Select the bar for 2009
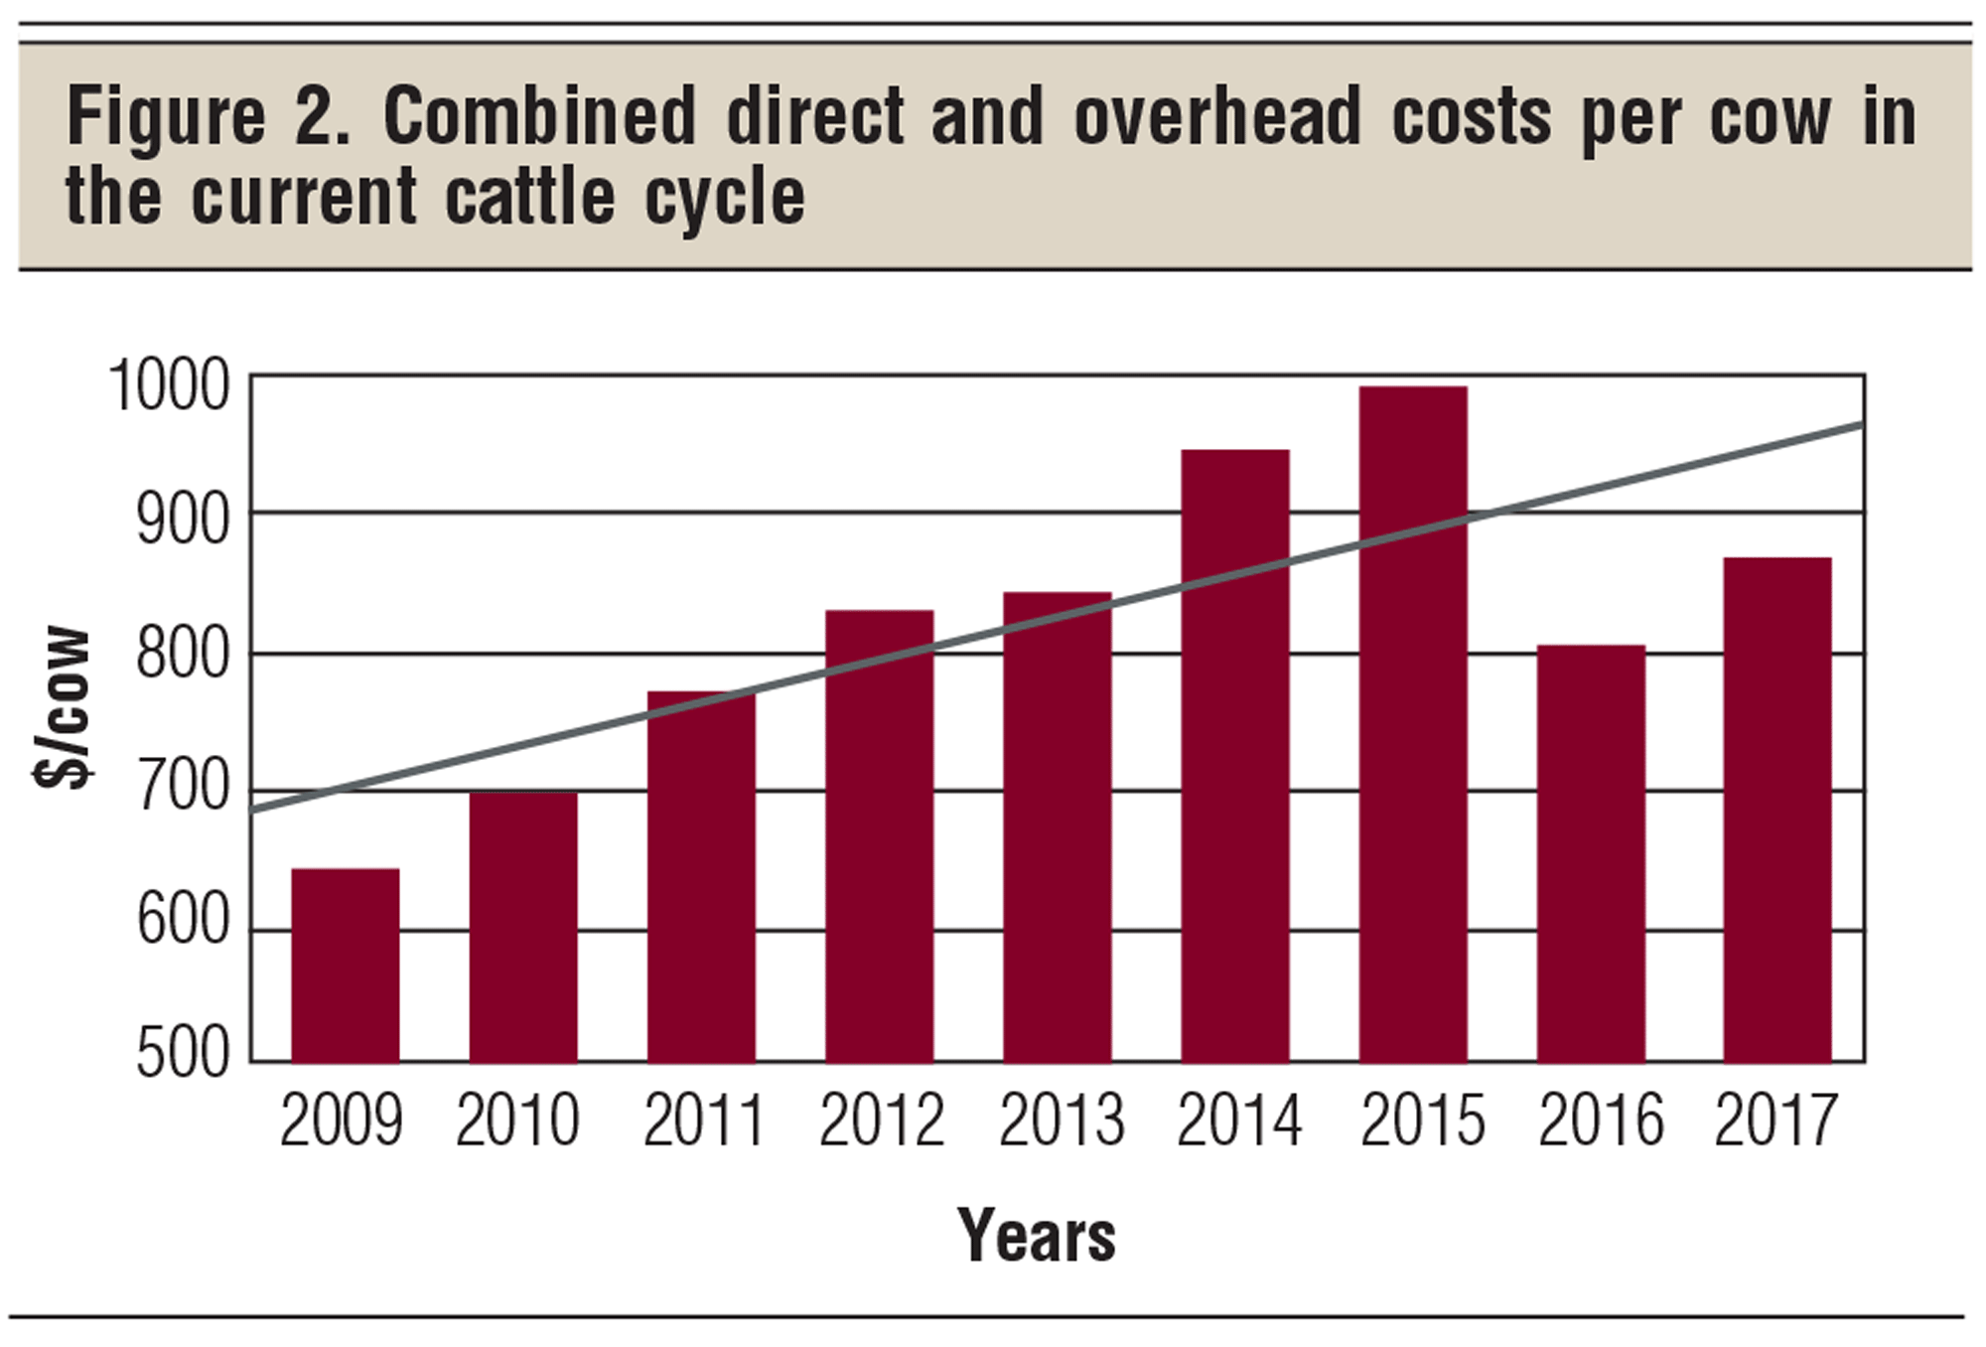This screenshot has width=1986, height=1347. (x=345, y=966)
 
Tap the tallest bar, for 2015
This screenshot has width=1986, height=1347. (x=1413, y=724)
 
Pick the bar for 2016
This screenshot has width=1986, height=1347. (x=1591, y=854)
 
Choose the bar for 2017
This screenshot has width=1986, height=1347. (x=1776, y=810)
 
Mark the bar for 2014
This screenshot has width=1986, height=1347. (x=1234, y=756)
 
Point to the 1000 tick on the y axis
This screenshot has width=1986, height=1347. (x=169, y=386)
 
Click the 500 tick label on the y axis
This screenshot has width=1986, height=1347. (x=183, y=1054)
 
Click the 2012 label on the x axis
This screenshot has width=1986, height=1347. (x=881, y=1122)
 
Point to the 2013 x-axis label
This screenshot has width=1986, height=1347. (x=1060, y=1122)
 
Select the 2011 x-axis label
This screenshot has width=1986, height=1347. (x=703, y=1122)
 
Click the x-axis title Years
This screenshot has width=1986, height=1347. (x=1036, y=1237)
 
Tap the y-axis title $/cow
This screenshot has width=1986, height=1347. (x=64, y=707)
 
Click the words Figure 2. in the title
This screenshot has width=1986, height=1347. (x=208, y=117)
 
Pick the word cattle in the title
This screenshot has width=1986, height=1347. (x=530, y=197)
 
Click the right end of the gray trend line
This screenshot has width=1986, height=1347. (x=1859, y=425)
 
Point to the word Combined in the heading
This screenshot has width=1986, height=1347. (x=539, y=117)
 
